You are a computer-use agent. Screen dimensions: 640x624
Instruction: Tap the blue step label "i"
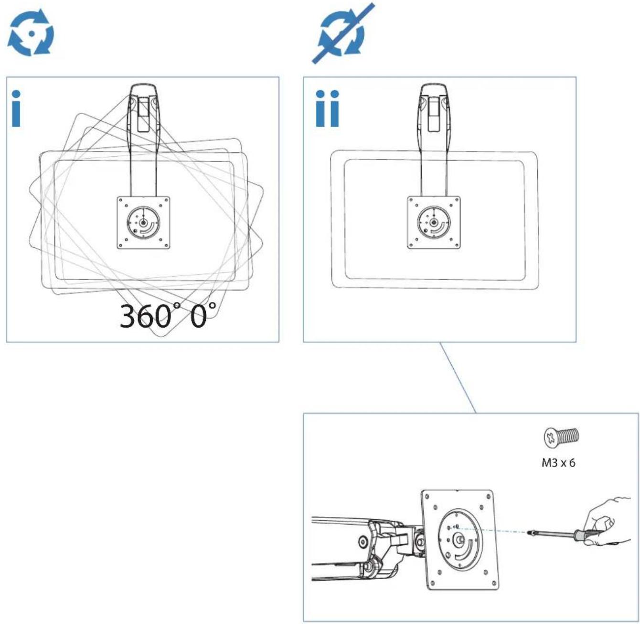16,108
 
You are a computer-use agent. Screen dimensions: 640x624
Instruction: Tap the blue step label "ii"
327,108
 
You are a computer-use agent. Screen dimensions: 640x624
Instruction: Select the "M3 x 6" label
558,463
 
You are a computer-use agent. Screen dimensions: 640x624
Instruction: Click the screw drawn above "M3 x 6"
561,437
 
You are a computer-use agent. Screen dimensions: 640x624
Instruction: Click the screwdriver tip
529,533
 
